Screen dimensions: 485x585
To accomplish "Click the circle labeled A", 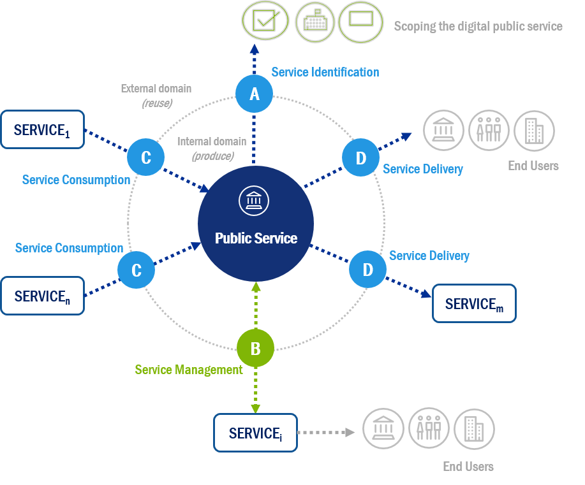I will pyautogui.click(x=255, y=94).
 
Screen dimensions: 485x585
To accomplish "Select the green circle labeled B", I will pyautogui.click(x=255, y=349).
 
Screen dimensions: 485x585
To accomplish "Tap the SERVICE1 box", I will pyautogui.click(x=43, y=130).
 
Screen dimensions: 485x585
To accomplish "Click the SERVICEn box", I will pyautogui.click(x=43, y=296).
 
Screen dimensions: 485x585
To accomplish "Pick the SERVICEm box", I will pyautogui.click(x=474, y=304).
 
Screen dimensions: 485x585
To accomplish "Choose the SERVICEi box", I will pyautogui.click(x=255, y=433).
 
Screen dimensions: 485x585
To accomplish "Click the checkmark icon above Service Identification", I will pyautogui.click(x=263, y=21).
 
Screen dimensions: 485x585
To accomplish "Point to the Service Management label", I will pyautogui.click(x=188, y=370).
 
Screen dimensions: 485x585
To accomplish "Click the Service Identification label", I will pyautogui.click(x=325, y=72).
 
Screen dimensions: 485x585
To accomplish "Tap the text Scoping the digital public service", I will pyautogui.click(x=478, y=26).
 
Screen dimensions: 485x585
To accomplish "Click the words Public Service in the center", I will pyautogui.click(x=256, y=238).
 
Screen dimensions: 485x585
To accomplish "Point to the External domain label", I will pyautogui.click(x=156, y=89).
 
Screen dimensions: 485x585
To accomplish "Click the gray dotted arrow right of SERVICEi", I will pyautogui.click(x=326, y=432).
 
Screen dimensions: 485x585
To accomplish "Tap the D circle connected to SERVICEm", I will pyautogui.click(x=367, y=270).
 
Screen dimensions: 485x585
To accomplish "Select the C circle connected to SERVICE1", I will pyautogui.click(x=145, y=157).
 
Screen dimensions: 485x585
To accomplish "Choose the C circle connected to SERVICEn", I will pyautogui.click(x=136, y=270).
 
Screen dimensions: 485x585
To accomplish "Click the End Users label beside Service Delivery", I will pyautogui.click(x=533, y=166).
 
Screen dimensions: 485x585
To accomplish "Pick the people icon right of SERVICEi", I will pyautogui.click(x=429, y=428).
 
